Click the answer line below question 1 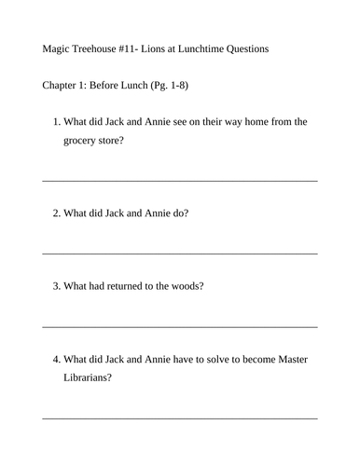coord(180,180)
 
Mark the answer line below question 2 coord(180,253)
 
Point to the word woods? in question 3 coord(187,286)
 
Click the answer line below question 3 coord(180,326)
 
